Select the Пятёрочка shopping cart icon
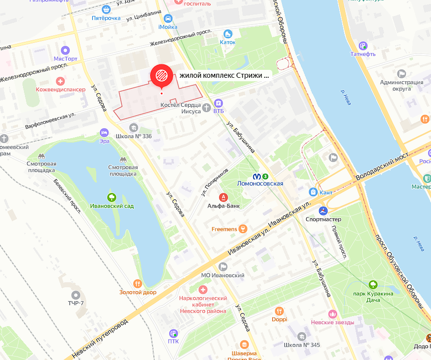(x=106, y=9)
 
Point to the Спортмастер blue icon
(x=323, y=210)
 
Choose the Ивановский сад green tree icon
(x=111, y=197)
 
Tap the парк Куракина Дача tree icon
(x=373, y=285)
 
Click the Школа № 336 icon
(x=133, y=128)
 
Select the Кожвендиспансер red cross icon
(x=60, y=81)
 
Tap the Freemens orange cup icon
(x=242, y=229)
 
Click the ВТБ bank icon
(x=218, y=103)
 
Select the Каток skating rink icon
(x=228, y=34)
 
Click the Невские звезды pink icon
(x=333, y=314)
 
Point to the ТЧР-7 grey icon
(x=76, y=295)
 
